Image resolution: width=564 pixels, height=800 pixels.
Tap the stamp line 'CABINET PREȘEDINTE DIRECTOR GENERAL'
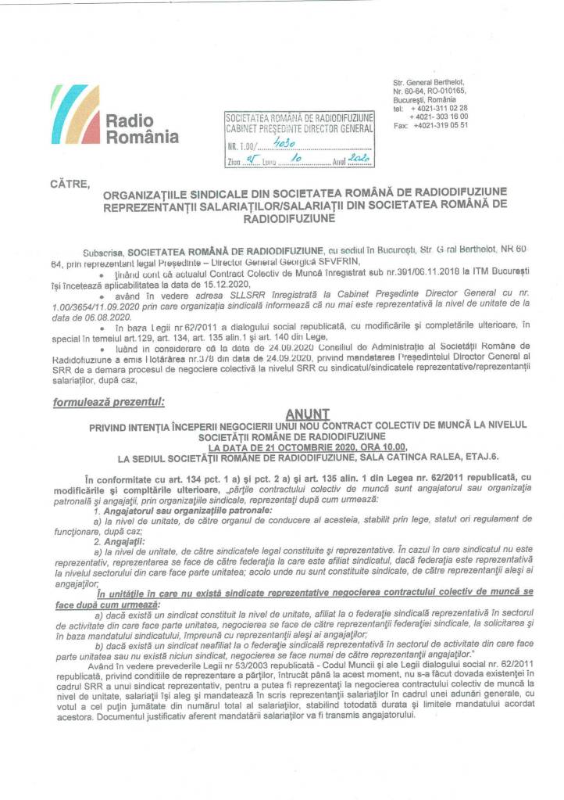coord(298,128)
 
